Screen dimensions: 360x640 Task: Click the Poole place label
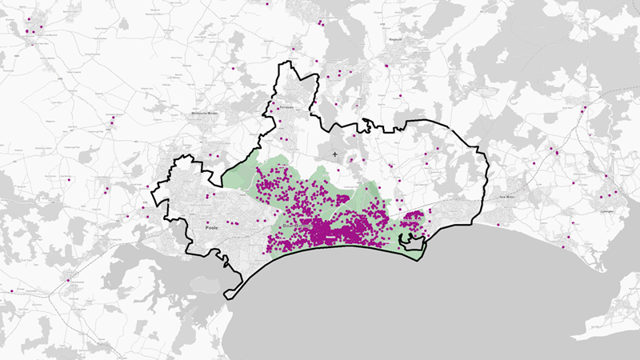tap(212, 228)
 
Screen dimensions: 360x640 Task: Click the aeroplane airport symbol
tap(334, 153)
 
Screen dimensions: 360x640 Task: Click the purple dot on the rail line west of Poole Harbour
tap(68, 280)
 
